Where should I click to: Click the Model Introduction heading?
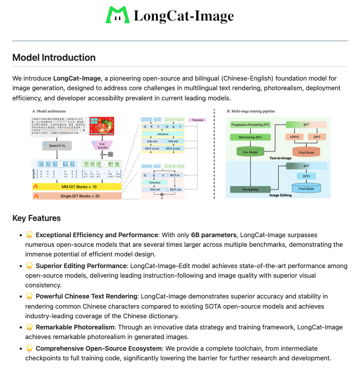point(54,57)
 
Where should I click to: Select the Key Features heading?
point(36,218)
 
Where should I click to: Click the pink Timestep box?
point(199,120)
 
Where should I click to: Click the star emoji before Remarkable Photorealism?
point(29,328)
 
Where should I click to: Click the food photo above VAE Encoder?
point(103,124)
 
